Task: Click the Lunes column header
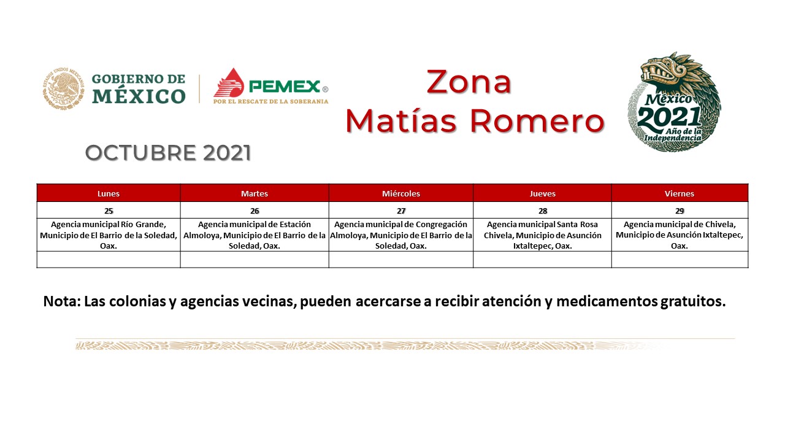(109, 193)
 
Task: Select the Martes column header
(255, 193)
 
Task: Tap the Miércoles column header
(401, 193)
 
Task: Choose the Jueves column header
(543, 193)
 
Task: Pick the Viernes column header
(680, 193)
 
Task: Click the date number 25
(109, 211)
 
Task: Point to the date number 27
(401, 211)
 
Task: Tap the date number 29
(680, 211)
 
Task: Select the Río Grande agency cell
(109, 235)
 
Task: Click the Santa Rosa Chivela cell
(543, 235)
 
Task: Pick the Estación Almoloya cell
(255, 235)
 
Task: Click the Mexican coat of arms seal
(63, 88)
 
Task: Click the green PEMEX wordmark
(284, 87)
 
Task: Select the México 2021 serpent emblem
(674, 102)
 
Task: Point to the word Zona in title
(469, 82)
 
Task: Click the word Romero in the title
(537, 121)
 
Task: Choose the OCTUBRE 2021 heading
(168, 153)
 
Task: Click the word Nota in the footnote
(62, 301)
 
